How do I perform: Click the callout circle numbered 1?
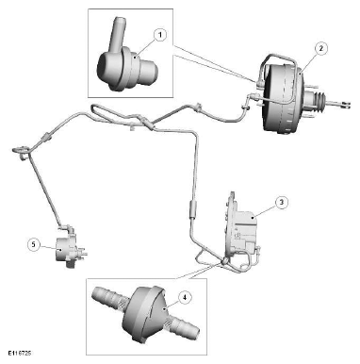160,35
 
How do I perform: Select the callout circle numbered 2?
321,49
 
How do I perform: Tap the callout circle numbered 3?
282,202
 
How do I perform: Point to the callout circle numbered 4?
185,297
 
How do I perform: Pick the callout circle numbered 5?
34,244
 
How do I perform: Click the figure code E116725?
20,353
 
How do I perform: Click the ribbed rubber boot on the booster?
319,103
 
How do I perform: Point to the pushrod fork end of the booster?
345,105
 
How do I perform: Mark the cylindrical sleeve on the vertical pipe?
192,208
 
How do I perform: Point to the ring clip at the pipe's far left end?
20,150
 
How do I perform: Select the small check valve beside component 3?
224,260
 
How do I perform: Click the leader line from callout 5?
50,247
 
